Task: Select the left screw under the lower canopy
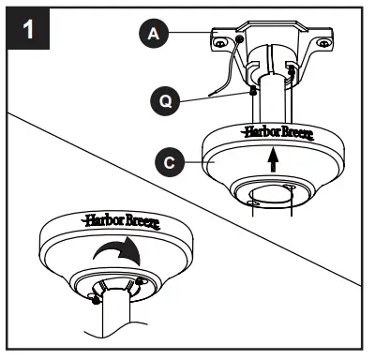click(93, 298)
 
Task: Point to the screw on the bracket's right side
click(291, 70)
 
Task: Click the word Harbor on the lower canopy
click(102, 222)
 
